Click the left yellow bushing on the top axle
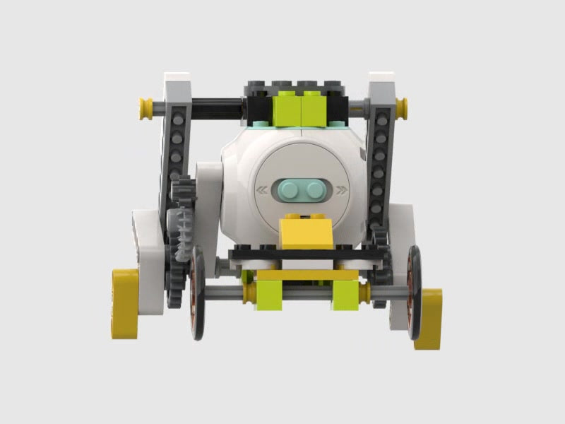click(146, 108)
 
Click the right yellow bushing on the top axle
click(401, 108)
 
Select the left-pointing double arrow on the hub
click(262, 189)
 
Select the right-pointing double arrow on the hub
click(342, 189)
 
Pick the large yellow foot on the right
click(428, 318)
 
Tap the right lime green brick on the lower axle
click(345, 294)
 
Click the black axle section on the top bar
click(212, 108)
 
